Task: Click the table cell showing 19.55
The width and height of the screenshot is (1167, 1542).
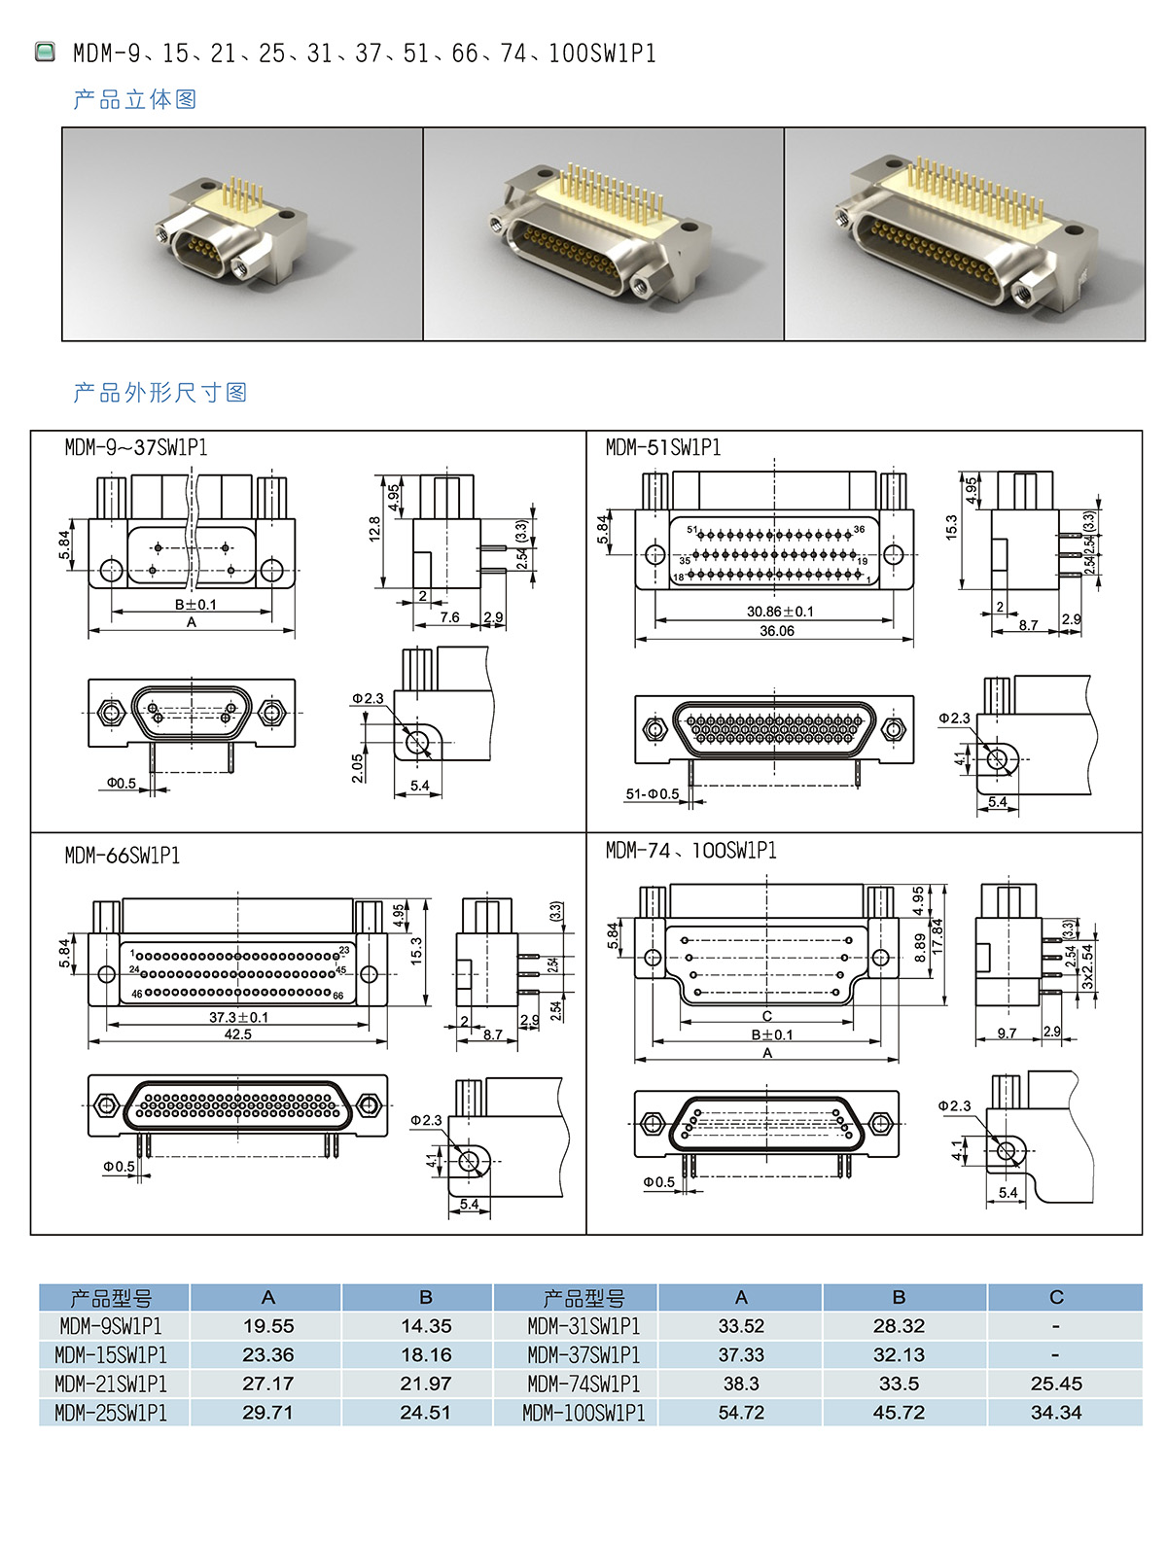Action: (267, 1326)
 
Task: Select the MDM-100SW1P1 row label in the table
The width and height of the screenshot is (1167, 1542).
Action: (583, 1413)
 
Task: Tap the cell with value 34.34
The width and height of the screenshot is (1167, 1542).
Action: (1056, 1413)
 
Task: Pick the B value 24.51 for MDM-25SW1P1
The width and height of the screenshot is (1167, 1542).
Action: (425, 1413)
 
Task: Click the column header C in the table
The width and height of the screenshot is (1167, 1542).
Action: (1056, 1297)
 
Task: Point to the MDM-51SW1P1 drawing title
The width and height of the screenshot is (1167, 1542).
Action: (663, 447)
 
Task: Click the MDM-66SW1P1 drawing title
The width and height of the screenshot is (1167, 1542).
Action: (123, 856)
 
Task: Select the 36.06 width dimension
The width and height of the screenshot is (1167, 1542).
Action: (776, 631)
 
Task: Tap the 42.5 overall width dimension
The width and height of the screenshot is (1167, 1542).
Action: (237, 1034)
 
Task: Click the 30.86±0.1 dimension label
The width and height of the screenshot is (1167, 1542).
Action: (780, 612)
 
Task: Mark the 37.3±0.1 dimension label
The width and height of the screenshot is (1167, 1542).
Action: (238, 1017)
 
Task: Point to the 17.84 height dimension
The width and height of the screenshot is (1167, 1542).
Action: (937, 936)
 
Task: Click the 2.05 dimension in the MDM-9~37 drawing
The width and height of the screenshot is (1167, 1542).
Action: (358, 767)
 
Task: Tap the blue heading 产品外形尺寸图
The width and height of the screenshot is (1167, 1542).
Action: (160, 393)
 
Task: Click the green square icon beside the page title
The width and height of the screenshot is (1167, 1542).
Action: (45, 52)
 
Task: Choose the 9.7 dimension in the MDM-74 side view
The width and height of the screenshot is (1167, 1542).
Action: (1007, 1033)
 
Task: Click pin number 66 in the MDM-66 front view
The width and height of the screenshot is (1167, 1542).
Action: (337, 996)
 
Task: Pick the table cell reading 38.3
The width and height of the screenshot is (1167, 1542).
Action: (741, 1384)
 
